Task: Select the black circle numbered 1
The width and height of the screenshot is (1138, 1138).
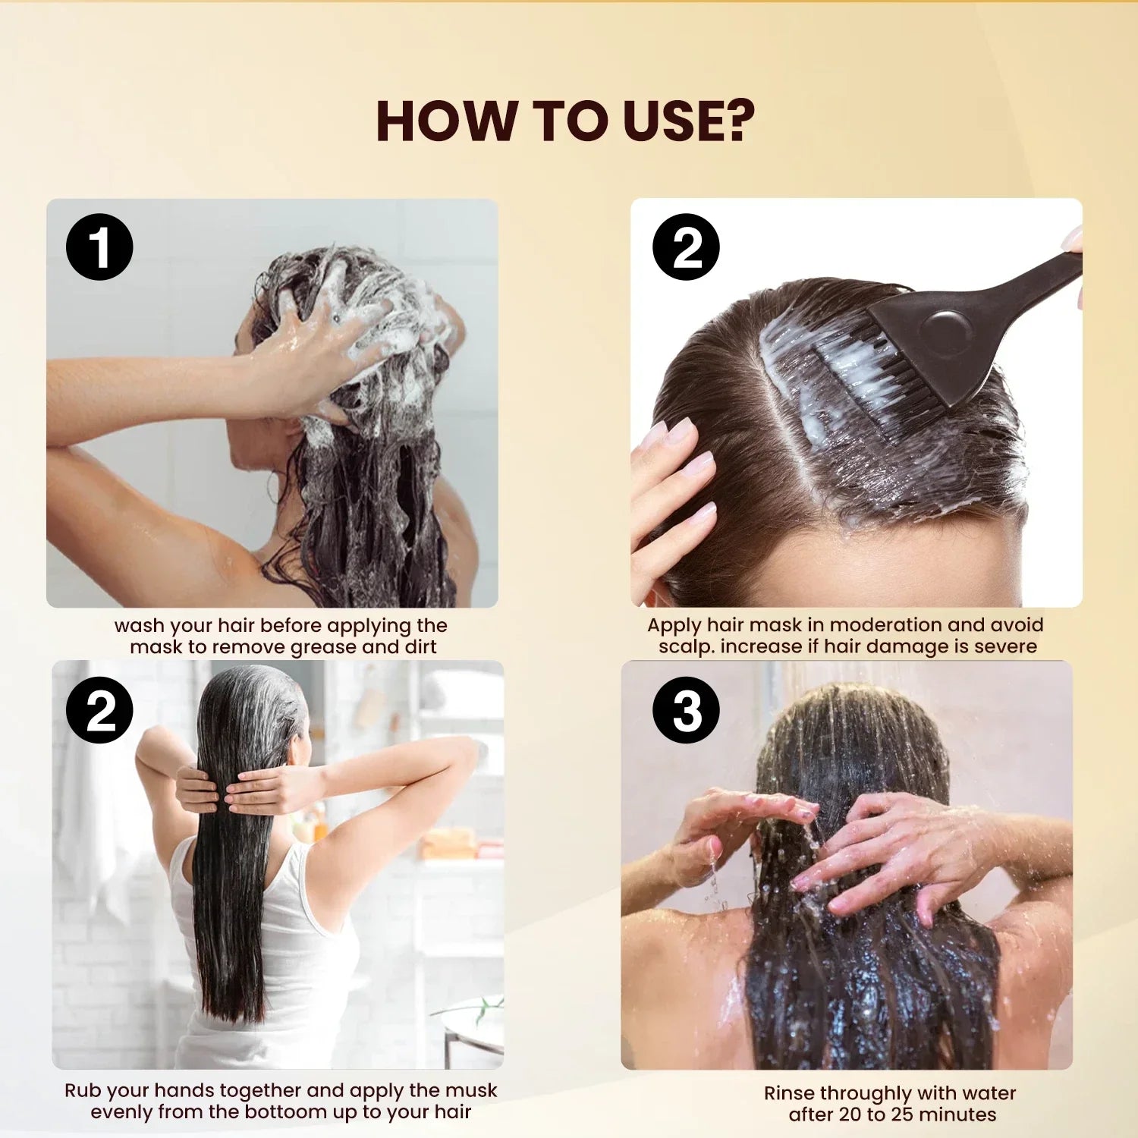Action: click(x=99, y=247)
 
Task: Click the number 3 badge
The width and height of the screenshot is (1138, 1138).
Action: click(x=686, y=710)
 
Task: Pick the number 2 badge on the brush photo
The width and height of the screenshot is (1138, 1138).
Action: click(x=686, y=247)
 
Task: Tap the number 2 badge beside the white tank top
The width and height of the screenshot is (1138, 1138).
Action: click(x=99, y=710)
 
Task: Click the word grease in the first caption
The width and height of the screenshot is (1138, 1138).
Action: click(x=324, y=648)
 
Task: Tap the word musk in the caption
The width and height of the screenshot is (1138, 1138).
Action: click(x=471, y=1091)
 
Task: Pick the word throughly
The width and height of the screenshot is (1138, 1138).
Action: click(x=866, y=1094)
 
